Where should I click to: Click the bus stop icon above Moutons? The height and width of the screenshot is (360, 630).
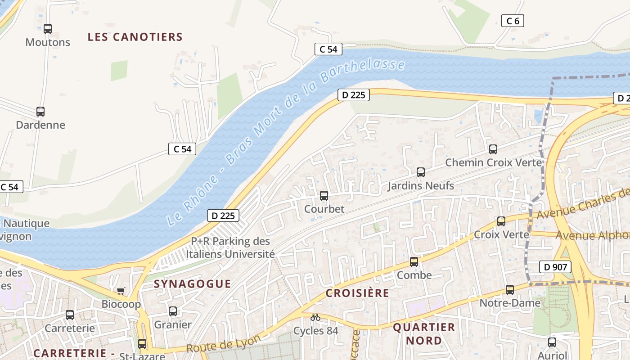[x=48, y=29]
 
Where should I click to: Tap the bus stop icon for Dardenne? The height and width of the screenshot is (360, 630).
[x=40, y=112]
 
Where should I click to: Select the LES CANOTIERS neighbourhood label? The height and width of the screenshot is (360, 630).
[x=135, y=37]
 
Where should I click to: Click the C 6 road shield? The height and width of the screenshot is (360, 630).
[x=513, y=21]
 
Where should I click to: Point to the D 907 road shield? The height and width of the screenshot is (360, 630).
[x=555, y=267]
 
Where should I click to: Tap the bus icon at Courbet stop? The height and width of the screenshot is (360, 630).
[x=324, y=196]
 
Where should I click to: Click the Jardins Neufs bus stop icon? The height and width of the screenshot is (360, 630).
[x=421, y=172]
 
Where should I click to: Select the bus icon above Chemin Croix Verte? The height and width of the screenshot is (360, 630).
[x=493, y=149]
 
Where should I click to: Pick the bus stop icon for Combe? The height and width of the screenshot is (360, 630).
[x=414, y=262]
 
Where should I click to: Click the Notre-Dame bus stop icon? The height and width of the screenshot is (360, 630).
[x=510, y=290]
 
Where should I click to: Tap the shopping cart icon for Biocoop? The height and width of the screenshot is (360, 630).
[x=121, y=291]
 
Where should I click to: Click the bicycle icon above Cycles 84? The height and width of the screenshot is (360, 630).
[x=315, y=318]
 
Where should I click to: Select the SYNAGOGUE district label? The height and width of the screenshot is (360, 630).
[x=192, y=284]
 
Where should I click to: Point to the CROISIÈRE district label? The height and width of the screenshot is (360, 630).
[x=357, y=293]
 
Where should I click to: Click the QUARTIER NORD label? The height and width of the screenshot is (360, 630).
[x=424, y=334]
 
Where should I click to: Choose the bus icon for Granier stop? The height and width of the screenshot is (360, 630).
[x=173, y=311]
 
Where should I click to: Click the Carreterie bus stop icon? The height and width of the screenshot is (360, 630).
[x=70, y=315]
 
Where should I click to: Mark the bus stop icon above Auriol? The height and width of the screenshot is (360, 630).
[x=552, y=342]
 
